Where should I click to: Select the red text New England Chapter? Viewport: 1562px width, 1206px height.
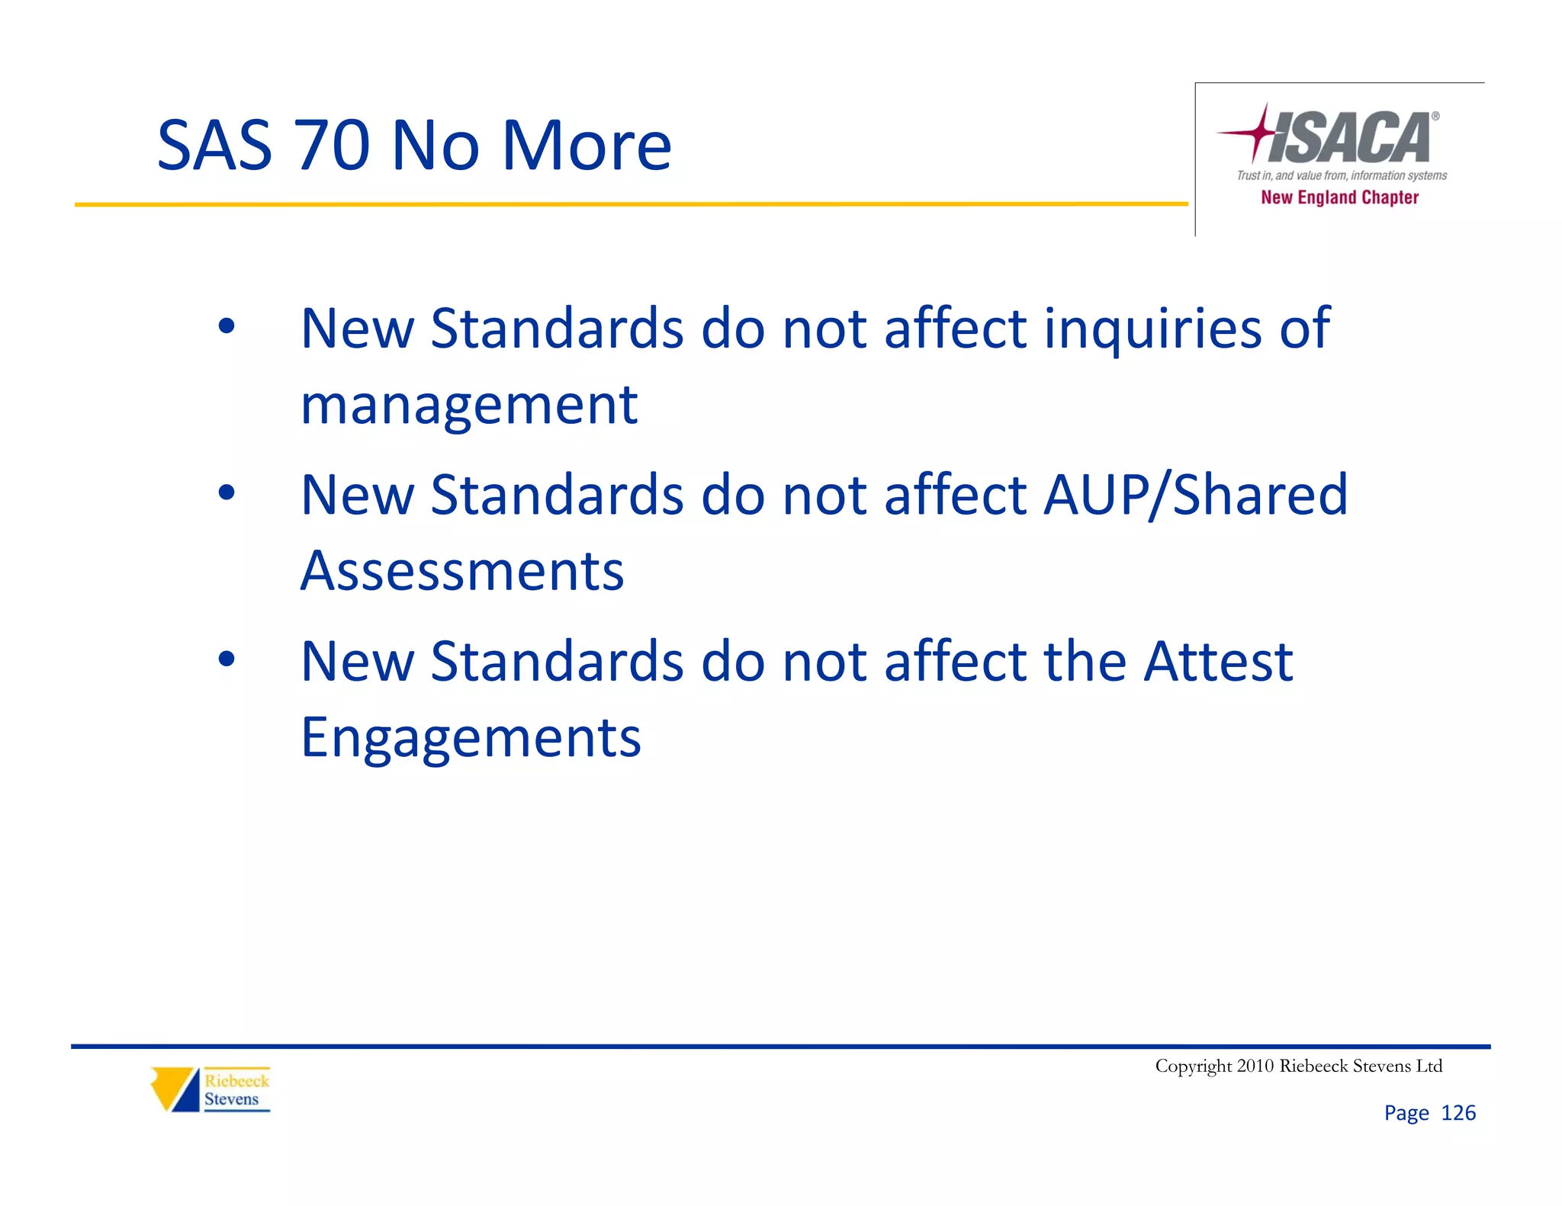(1339, 197)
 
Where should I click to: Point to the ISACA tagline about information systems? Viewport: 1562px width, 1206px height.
(1342, 176)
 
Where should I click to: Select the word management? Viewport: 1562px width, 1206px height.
(469, 405)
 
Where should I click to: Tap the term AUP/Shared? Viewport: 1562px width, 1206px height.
(1195, 495)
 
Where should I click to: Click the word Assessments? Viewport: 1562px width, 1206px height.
(462, 570)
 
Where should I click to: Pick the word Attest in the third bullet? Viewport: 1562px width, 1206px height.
(1218, 661)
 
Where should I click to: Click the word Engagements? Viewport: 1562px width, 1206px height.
(471, 737)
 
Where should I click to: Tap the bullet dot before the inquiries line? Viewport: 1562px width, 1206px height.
(227, 327)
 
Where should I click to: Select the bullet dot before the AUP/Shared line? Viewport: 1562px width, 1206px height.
(227, 493)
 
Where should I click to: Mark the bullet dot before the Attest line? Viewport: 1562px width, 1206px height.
(227, 659)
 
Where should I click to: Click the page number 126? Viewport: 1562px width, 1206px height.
(1458, 1113)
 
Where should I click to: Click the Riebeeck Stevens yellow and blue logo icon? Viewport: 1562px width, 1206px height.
(175, 1089)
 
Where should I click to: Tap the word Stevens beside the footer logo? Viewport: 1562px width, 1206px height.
(231, 1099)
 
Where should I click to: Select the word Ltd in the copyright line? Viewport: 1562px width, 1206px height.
(1429, 1066)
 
